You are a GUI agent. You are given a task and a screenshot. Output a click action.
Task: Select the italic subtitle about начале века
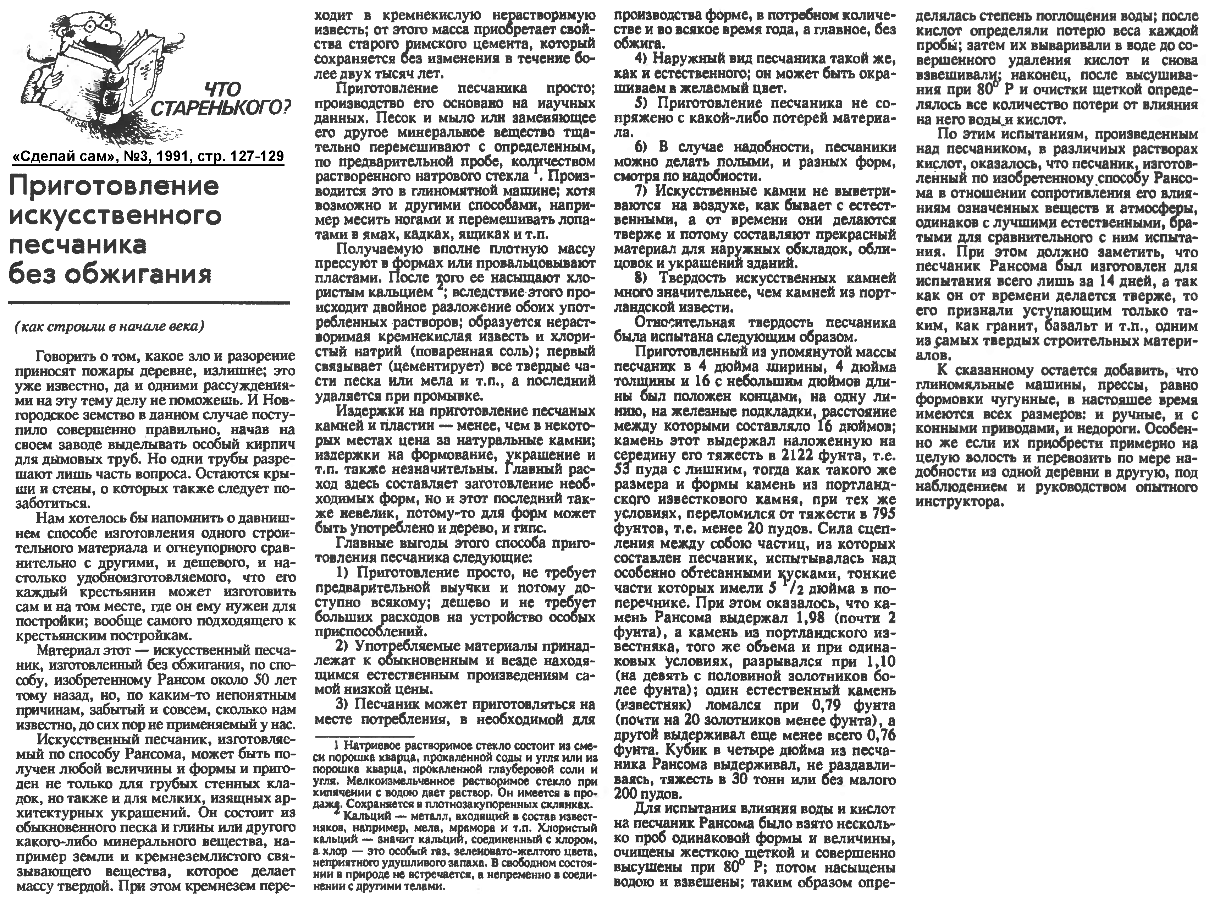click(x=109, y=327)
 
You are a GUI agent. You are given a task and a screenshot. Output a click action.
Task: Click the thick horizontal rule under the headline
click(x=148, y=302)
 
